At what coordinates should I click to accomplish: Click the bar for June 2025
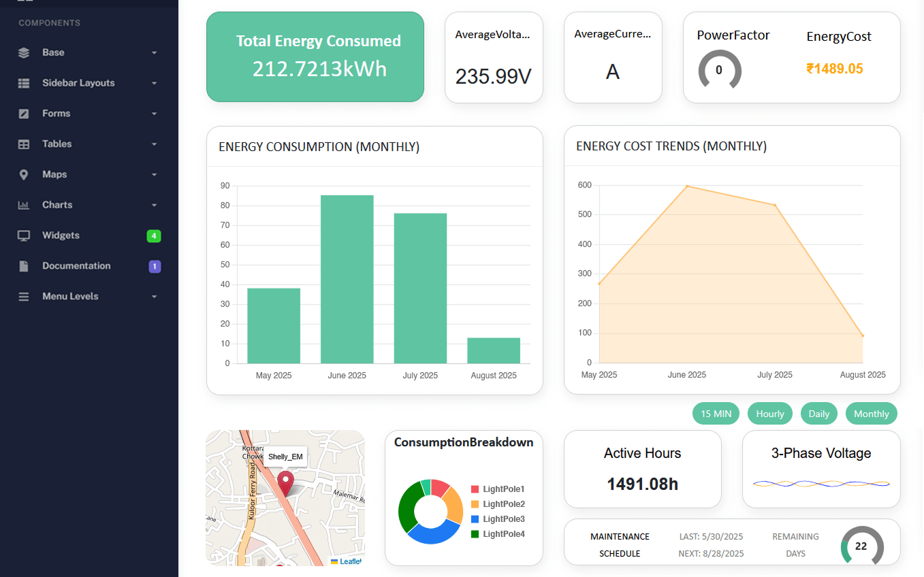347,279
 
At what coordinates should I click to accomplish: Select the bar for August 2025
494,350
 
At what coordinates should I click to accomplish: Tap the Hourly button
770,414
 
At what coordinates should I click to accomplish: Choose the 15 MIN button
716,414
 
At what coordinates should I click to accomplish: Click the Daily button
818,414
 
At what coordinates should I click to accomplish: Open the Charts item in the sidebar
57,205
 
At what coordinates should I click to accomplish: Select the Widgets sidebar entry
61,235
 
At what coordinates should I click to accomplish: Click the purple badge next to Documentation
155,266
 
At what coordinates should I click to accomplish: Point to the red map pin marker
285,482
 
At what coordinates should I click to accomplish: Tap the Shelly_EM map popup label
285,457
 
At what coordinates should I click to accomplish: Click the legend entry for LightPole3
503,519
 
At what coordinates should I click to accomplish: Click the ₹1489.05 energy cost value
835,69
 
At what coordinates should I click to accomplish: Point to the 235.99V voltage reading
493,76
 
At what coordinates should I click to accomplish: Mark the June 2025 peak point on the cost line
687,186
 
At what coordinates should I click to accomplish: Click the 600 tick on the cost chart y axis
584,185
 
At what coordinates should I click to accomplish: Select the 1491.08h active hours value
642,484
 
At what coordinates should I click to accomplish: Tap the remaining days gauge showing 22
861,546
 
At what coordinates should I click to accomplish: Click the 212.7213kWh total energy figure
319,69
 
